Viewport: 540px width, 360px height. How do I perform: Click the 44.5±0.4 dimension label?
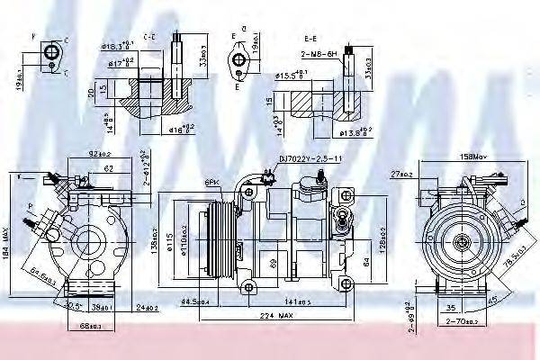(195, 301)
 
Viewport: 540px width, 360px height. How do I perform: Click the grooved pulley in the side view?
(219, 238)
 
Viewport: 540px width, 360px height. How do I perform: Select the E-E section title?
(310, 40)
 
